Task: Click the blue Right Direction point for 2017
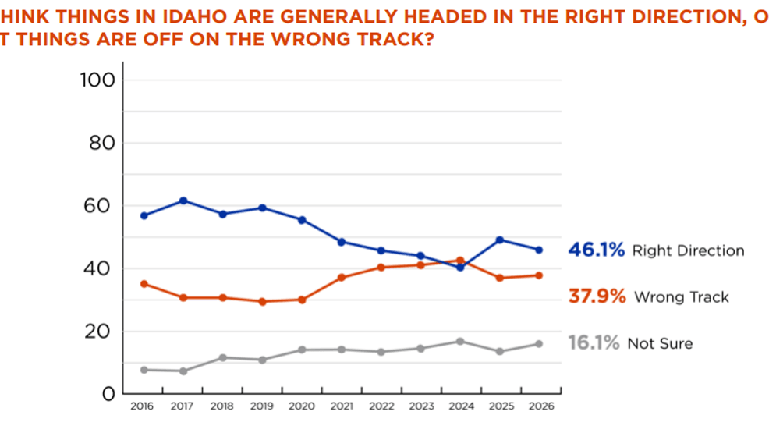[183, 201]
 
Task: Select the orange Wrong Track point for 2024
[460, 261]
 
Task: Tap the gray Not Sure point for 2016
[144, 370]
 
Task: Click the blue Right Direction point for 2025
[500, 240]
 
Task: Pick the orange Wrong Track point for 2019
[262, 301]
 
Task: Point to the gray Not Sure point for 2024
[460, 341]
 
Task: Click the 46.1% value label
[597, 250]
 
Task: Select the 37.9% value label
[597, 297]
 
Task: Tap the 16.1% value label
[594, 343]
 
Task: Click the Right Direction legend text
[688, 251]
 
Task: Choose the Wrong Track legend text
[682, 297]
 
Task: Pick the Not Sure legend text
[660, 343]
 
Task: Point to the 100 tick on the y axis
[97, 80]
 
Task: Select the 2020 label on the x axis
[302, 406]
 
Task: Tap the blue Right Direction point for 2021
[342, 242]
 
